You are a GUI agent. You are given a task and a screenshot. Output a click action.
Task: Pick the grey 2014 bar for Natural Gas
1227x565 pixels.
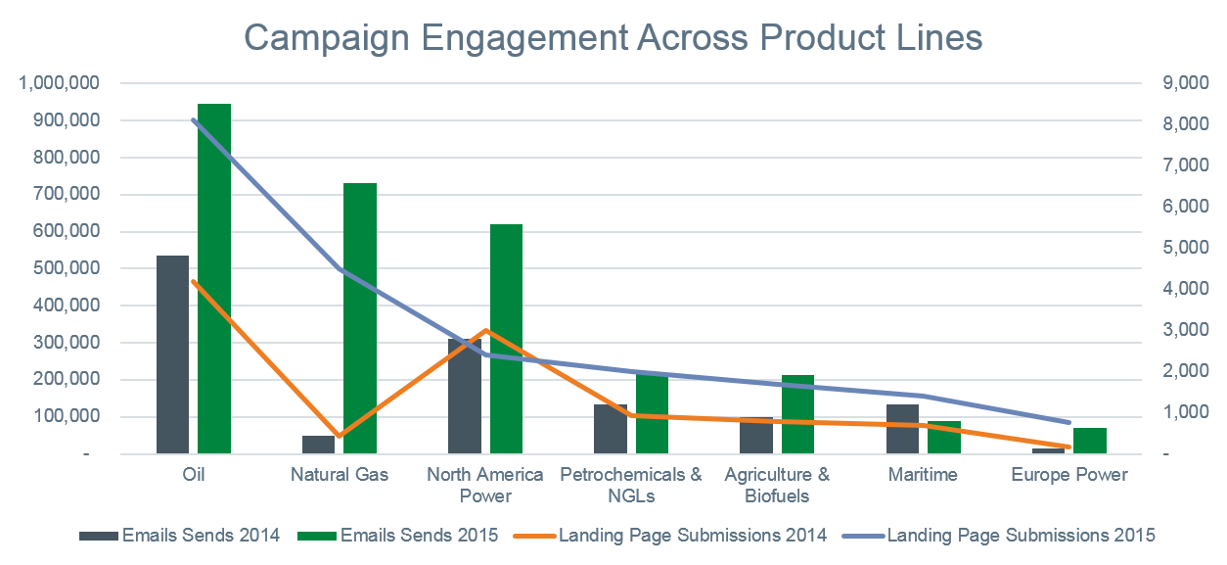coord(318,445)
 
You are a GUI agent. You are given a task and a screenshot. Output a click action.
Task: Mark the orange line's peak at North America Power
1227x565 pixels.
coord(486,330)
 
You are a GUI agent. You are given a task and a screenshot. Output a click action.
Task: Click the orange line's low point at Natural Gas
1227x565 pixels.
coord(339,437)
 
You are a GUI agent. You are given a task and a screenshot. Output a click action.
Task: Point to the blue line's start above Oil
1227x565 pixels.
coord(194,119)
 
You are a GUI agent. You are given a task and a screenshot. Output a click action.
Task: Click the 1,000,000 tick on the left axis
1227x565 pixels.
coord(59,83)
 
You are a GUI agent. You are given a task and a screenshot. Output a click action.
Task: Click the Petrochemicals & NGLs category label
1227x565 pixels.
coord(631,485)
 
